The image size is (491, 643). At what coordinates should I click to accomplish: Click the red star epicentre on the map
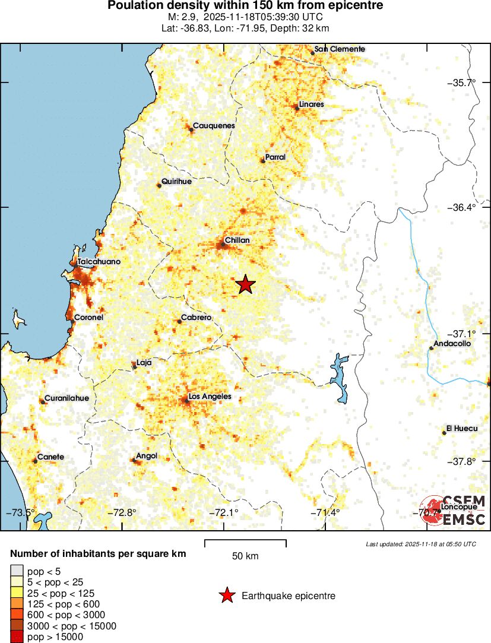pos(245,285)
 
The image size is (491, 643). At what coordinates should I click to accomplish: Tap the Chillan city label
pos(237,240)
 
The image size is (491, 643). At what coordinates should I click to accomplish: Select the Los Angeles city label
pos(210,397)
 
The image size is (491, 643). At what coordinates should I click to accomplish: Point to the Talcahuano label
pos(99,262)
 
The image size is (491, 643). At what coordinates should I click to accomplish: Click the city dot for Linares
pos(297,107)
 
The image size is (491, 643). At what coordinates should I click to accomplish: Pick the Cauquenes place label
pos(214,126)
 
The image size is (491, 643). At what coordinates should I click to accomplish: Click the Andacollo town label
pos(452,344)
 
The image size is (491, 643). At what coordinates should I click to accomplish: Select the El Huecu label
pos(462,429)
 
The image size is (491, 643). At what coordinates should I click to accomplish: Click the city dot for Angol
pos(134,460)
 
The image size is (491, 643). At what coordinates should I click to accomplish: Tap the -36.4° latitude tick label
pos(461,207)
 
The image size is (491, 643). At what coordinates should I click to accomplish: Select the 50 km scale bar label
pos(245,556)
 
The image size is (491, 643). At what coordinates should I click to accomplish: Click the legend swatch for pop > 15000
pos(16,637)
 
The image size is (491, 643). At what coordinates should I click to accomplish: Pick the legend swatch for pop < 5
pos(16,571)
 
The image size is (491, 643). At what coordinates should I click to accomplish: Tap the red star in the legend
pos(226,596)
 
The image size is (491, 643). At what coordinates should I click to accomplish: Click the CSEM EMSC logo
pos(454,511)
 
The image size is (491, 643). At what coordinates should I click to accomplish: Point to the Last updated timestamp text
pos(421,544)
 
